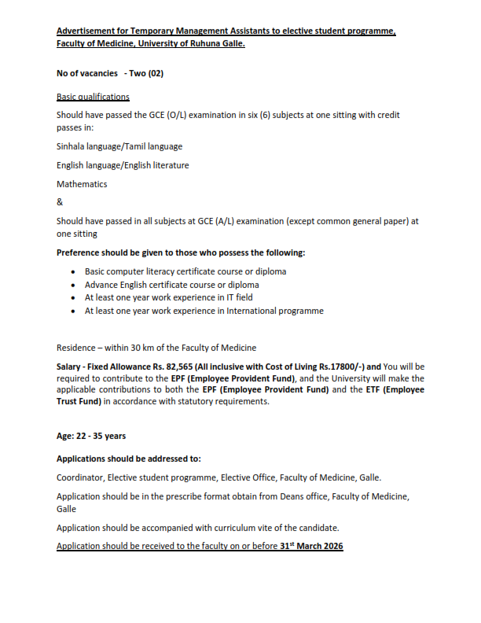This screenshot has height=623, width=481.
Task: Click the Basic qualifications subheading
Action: coord(93,97)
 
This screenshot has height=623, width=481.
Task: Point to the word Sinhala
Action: coord(72,146)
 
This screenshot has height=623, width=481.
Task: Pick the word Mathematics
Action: coord(82,184)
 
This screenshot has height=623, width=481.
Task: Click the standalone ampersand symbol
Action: coord(60,202)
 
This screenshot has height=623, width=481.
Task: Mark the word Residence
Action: coord(79,347)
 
